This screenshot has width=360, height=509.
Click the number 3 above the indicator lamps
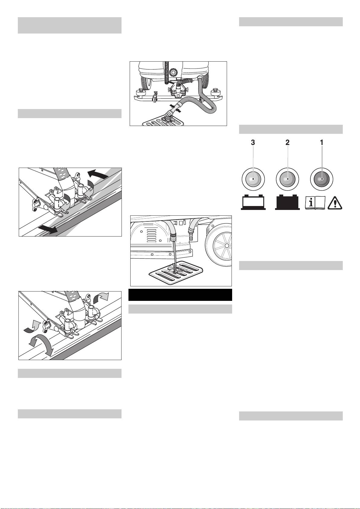(x=253, y=143)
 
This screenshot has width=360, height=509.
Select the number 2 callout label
(x=287, y=143)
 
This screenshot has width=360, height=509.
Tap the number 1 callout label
(x=322, y=143)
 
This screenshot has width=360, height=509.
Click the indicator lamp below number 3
(x=253, y=179)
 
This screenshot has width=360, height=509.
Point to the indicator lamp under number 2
(x=287, y=179)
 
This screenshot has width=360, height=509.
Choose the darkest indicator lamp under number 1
(x=322, y=179)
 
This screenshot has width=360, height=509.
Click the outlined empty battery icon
(x=253, y=202)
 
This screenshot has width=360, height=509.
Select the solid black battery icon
(x=287, y=202)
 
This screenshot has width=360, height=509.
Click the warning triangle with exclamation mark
(x=335, y=203)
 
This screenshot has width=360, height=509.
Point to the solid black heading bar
(x=180, y=295)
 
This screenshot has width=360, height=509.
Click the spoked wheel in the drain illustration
(x=219, y=245)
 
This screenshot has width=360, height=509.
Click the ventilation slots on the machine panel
(x=152, y=236)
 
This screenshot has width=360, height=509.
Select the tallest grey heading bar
(x=70, y=25)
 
